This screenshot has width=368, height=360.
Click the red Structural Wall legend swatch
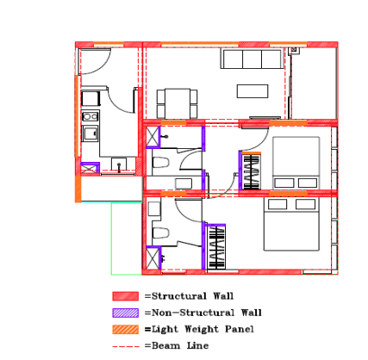125,296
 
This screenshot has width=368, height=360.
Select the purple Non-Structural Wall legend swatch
125,313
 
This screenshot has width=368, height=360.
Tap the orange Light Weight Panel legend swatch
125,329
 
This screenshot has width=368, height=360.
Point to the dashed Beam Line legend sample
125,346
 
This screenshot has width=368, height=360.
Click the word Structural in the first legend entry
179,296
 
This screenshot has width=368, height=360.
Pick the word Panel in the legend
240,329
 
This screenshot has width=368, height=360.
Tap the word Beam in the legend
165,345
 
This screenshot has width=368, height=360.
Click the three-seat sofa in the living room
252,59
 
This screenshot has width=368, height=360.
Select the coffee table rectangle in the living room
253,91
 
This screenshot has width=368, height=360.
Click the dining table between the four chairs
178,103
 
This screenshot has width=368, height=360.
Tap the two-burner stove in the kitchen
90,116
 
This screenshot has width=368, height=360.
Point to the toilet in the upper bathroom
160,162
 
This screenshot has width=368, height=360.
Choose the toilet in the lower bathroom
160,233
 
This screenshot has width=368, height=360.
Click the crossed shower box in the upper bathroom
153,137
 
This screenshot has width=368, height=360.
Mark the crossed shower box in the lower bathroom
153,258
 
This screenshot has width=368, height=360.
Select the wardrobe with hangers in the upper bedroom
252,171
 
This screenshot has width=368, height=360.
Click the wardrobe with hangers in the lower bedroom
215,248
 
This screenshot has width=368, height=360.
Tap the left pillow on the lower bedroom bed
278,204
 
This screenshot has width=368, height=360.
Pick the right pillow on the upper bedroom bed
308,183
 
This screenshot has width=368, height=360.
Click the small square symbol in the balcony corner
294,50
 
